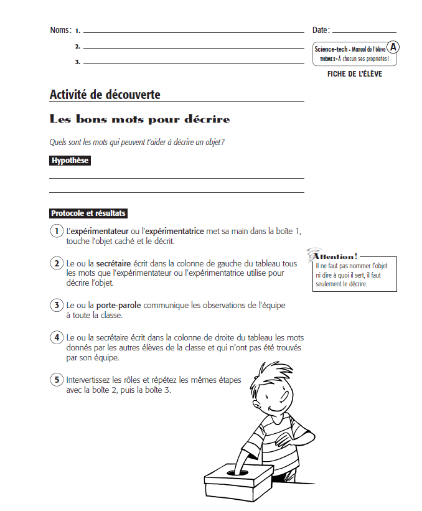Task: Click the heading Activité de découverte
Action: point(105,95)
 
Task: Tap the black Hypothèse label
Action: point(70,161)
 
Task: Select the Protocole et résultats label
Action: point(88,213)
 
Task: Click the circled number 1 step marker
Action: point(56,231)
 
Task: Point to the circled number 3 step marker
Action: point(56,305)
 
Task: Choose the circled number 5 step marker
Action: point(56,380)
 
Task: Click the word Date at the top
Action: point(320,30)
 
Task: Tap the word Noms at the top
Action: point(60,30)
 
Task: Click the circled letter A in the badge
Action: point(393,47)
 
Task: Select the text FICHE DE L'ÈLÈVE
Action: point(354,74)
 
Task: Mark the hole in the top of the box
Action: point(237,472)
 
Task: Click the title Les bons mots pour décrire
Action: point(139,119)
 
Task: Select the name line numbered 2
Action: point(193,47)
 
